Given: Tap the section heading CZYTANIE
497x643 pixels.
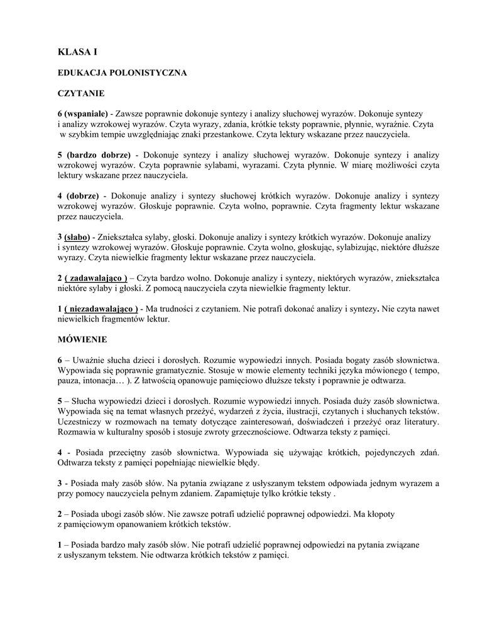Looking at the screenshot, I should [x=81, y=93].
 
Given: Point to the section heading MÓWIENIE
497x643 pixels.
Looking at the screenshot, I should [x=82, y=339].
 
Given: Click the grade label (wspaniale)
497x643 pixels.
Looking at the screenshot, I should [x=87, y=114].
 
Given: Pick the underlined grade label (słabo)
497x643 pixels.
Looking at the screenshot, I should [x=77, y=237].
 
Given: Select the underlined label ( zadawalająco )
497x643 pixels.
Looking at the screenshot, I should [x=96, y=278].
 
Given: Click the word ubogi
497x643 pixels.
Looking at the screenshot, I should [x=112, y=514].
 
